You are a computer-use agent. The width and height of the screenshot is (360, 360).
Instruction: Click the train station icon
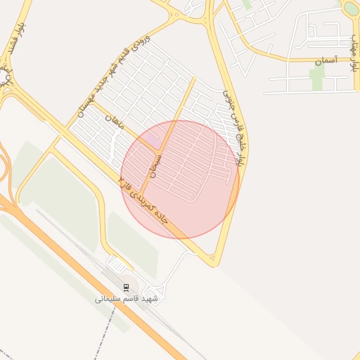tap(127, 287)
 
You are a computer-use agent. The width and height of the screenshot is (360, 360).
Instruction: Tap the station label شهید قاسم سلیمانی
tap(127, 298)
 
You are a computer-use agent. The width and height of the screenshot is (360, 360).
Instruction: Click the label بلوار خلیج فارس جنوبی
tap(233, 126)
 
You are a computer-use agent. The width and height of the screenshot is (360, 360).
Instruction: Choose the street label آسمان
tap(326, 63)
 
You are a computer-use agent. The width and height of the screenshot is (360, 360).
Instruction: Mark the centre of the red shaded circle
tap(180, 179)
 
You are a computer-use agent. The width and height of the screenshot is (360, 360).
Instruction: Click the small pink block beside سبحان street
tap(152, 142)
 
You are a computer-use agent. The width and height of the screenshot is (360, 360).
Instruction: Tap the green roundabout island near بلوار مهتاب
tap(350, 8)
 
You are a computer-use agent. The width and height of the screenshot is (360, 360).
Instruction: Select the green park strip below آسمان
tap(317, 78)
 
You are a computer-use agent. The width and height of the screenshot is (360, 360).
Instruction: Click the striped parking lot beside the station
tap(119, 264)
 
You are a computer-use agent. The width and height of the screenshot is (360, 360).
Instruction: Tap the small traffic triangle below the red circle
tap(212, 261)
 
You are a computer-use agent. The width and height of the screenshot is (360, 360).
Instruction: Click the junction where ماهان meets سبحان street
tap(158, 149)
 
